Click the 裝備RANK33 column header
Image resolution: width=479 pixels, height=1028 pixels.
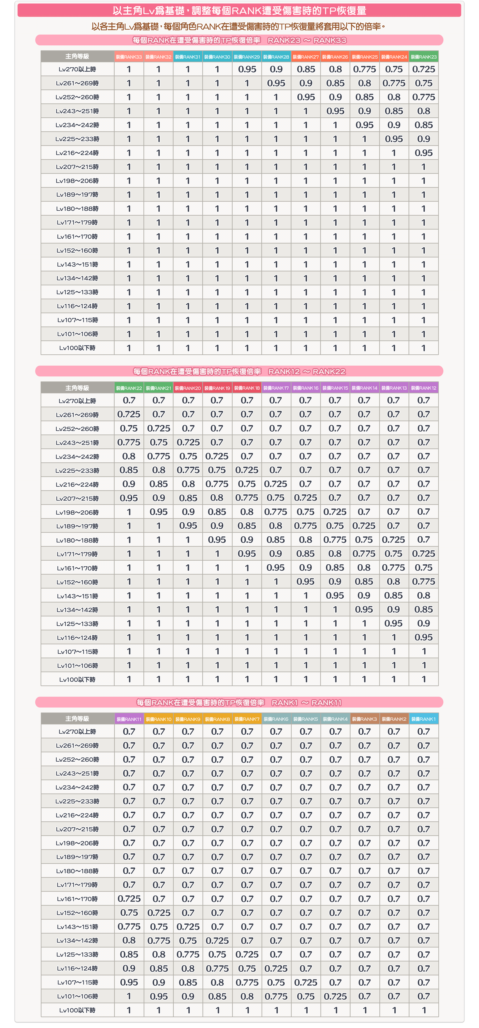tap(129, 57)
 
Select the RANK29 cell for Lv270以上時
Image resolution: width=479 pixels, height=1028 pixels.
tap(247, 69)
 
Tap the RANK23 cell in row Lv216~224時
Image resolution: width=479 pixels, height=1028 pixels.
tap(423, 153)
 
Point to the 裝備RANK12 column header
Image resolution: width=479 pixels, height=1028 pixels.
tap(423, 388)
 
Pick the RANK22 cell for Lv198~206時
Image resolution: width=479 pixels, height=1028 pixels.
tap(129, 512)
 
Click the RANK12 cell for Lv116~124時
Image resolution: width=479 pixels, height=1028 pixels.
tap(423, 637)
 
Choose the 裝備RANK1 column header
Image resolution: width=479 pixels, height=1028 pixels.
tap(423, 719)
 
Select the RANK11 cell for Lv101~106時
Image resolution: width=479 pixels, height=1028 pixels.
tap(129, 997)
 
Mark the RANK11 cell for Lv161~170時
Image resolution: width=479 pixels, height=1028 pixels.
tap(129, 899)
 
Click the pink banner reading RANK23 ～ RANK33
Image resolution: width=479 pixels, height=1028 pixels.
tap(239, 40)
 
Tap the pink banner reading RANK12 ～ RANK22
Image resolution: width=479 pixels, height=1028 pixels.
tap(239, 371)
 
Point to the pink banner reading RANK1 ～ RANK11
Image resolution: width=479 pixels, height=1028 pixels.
tap(239, 702)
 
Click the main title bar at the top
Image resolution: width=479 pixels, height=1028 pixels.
tap(239, 10)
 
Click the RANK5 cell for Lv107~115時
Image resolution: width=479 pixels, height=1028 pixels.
tap(306, 982)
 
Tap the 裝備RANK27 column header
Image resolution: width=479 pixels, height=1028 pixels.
tap(306, 57)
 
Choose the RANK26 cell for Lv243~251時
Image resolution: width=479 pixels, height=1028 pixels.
tap(335, 111)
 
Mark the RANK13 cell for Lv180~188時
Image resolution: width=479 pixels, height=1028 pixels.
tap(393, 540)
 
